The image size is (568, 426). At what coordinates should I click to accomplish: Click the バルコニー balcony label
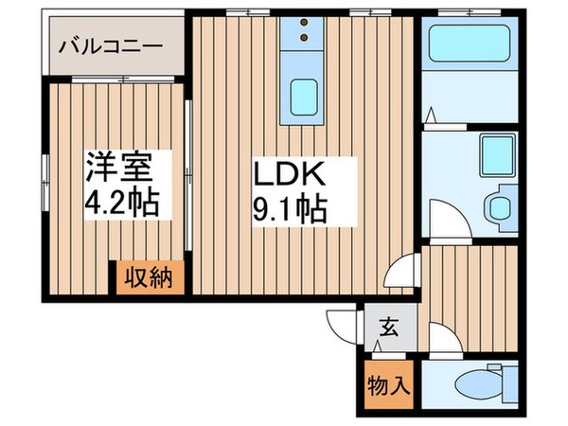pos(111,44)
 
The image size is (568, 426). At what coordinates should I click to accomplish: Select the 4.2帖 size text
pos(119,204)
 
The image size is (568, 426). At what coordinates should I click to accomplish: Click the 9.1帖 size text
pos(289,209)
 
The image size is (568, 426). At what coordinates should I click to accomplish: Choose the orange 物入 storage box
pos(388,385)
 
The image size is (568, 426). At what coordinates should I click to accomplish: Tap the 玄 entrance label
pos(389,330)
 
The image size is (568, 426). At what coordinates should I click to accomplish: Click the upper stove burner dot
pos(304,26)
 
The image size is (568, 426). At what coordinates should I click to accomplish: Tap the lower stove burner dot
pos(304,40)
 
